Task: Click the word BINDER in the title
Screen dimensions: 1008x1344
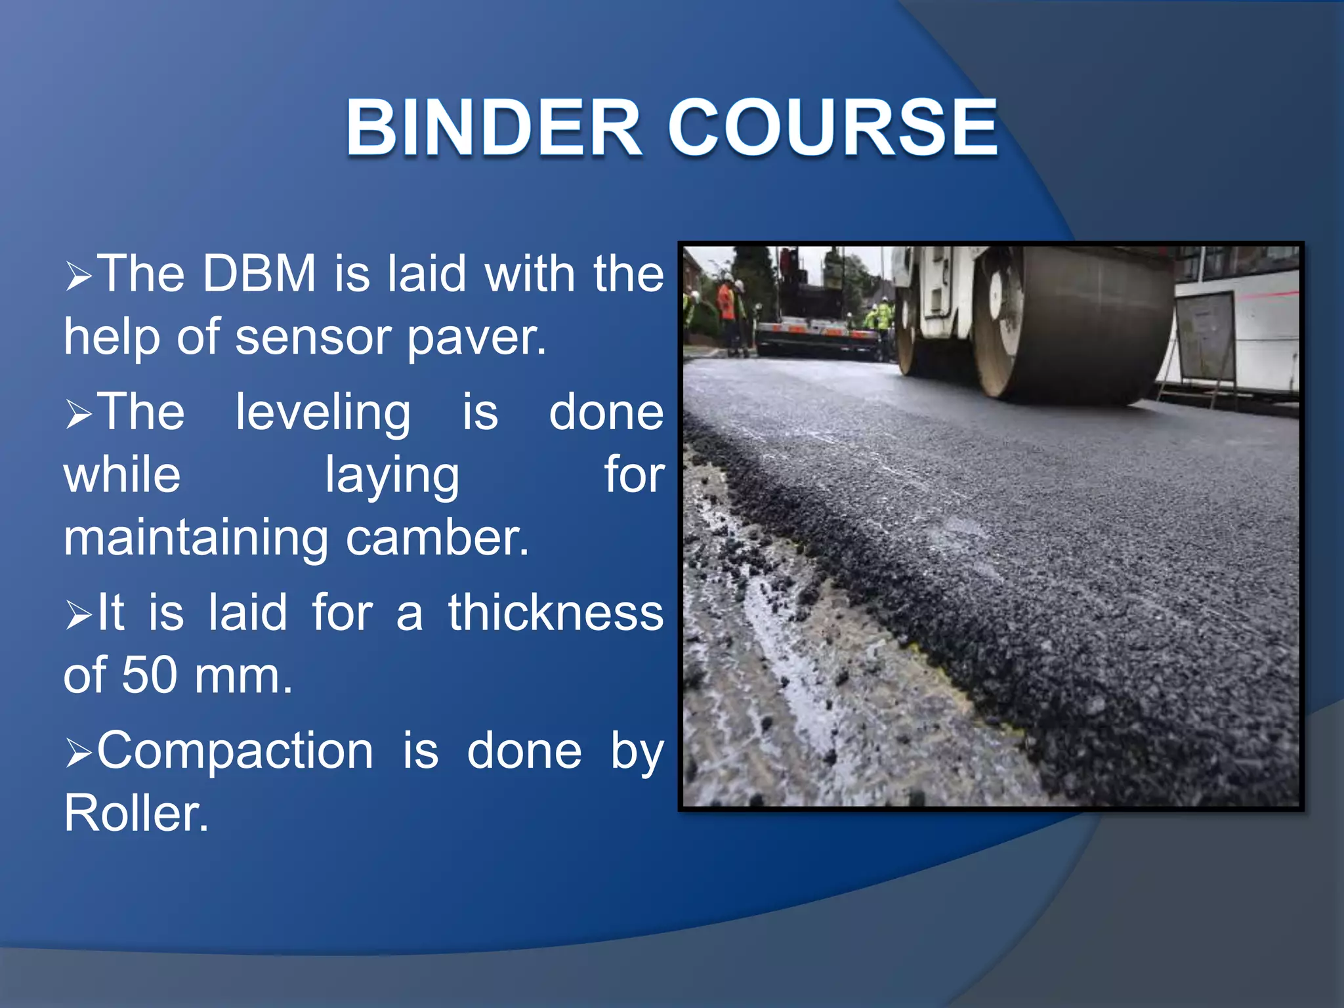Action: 493,128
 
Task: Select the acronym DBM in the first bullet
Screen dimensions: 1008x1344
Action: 259,274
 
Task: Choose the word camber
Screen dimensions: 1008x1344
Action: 436,538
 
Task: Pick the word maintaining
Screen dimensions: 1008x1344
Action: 196,538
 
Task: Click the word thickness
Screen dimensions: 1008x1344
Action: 555,613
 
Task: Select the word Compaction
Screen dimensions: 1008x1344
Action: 235,751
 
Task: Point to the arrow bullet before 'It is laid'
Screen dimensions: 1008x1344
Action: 79,616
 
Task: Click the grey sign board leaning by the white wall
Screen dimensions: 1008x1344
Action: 1204,338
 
